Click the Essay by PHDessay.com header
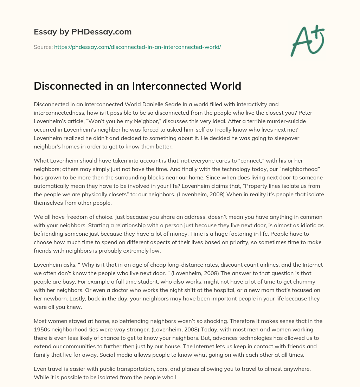coord(83,32)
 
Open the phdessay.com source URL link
coord(137,47)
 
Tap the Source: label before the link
coord(43,47)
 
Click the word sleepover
coord(283,138)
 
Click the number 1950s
coord(43,329)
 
